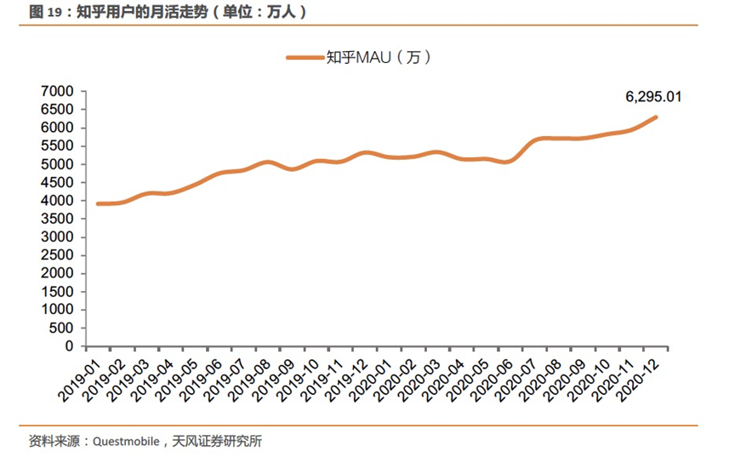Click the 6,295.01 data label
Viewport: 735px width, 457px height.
(653, 97)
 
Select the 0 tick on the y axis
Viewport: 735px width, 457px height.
(71, 347)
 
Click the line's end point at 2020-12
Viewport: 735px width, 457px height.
(656, 117)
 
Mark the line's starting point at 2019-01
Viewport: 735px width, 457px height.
(99, 204)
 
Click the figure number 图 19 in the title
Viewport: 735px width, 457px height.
(43, 12)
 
